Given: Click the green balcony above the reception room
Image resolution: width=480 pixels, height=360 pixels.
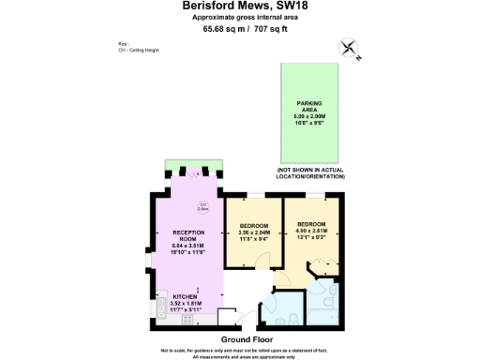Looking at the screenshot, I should click(193, 167).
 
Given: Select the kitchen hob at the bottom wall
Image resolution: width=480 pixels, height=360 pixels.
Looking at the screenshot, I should click(186, 318).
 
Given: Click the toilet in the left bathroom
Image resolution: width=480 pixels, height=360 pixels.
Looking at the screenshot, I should click(293, 318).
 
